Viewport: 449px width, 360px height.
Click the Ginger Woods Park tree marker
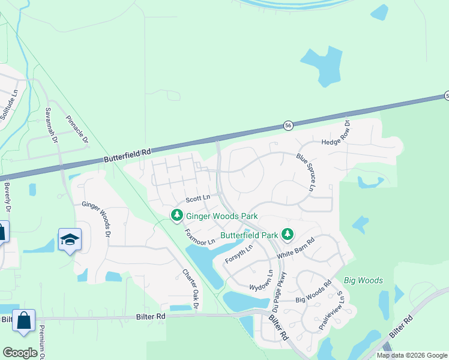pyautogui.click(x=176, y=214)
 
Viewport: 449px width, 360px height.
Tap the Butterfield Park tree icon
pyautogui.click(x=288, y=233)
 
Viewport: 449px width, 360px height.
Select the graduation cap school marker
pyautogui.click(x=70, y=239)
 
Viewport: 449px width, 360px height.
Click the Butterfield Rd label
pyautogui.click(x=127, y=156)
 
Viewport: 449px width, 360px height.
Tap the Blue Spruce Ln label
pyautogui.click(x=305, y=172)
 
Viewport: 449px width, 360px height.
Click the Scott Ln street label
pyautogui.click(x=197, y=198)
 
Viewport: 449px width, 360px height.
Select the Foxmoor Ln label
pyautogui.click(x=199, y=237)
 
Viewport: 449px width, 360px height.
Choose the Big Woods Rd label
pyautogui.click(x=314, y=293)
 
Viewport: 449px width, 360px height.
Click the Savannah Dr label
pyautogui.click(x=51, y=125)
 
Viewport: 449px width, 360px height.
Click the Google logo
pyautogui.click(x=20, y=353)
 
